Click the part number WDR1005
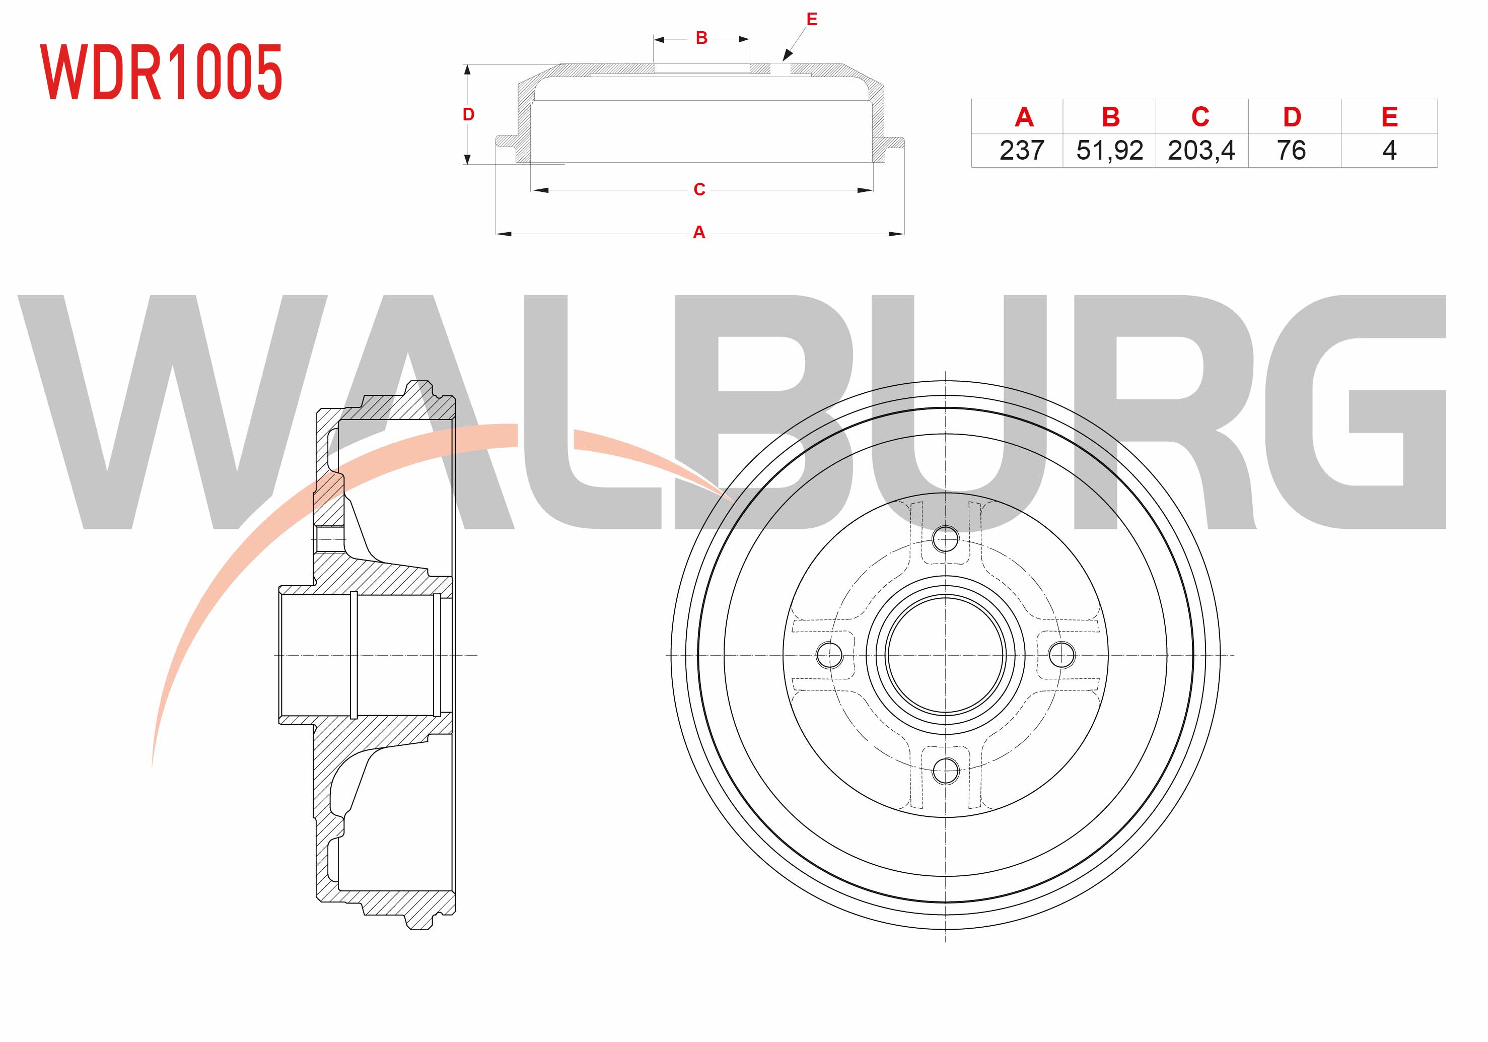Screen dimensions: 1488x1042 pyautogui.click(x=161, y=72)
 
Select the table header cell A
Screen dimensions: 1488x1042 pyautogui.click(x=1023, y=117)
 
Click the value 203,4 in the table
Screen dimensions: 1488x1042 pyautogui.click(x=1201, y=151)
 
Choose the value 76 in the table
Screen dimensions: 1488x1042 pyautogui.click(x=1291, y=151)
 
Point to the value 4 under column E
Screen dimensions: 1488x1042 pyautogui.click(x=1389, y=151)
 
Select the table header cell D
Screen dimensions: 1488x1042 pyautogui.click(x=1292, y=117)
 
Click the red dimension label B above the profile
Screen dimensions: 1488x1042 pyautogui.click(x=701, y=38)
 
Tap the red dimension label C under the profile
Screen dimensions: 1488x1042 pyautogui.click(x=699, y=189)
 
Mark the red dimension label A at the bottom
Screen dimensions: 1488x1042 pyautogui.click(x=698, y=232)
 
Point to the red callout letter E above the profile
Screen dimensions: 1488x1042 pyautogui.click(x=811, y=20)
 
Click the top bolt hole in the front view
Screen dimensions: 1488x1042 pyautogui.click(x=946, y=538)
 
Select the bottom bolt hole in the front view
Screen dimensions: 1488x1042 pyautogui.click(x=946, y=771)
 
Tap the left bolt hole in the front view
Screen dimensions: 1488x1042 pyautogui.click(x=829, y=655)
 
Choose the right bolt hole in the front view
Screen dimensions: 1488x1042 pyautogui.click(x=1061, y=655)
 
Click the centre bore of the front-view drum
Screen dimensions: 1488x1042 pyautogui.click(x=946, y=655)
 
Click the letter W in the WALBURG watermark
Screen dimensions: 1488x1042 pyautogui.click(x=172, y=412)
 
